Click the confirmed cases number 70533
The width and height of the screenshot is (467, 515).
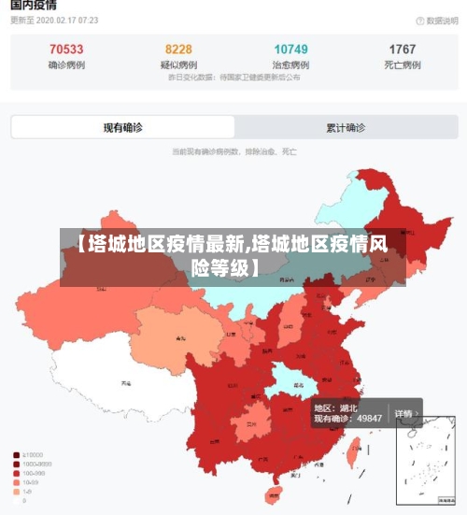click(x=65, y=49)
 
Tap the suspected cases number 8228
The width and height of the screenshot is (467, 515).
click(x=178, y=49)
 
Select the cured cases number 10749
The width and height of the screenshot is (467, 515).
click(x=290, y=49)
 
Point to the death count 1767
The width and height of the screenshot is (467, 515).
click(x=403, y=49)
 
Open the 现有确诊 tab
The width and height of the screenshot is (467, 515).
click(x=122, y=127)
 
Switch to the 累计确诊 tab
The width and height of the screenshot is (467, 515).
click(x=346, y=127)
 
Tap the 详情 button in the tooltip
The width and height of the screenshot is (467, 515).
click(x=403, y=413)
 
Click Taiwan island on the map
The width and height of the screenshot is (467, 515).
click(x=353, y=453)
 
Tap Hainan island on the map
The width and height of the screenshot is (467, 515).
click(x=276, y=494)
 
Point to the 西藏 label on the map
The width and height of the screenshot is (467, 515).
click(x=124, y=383)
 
